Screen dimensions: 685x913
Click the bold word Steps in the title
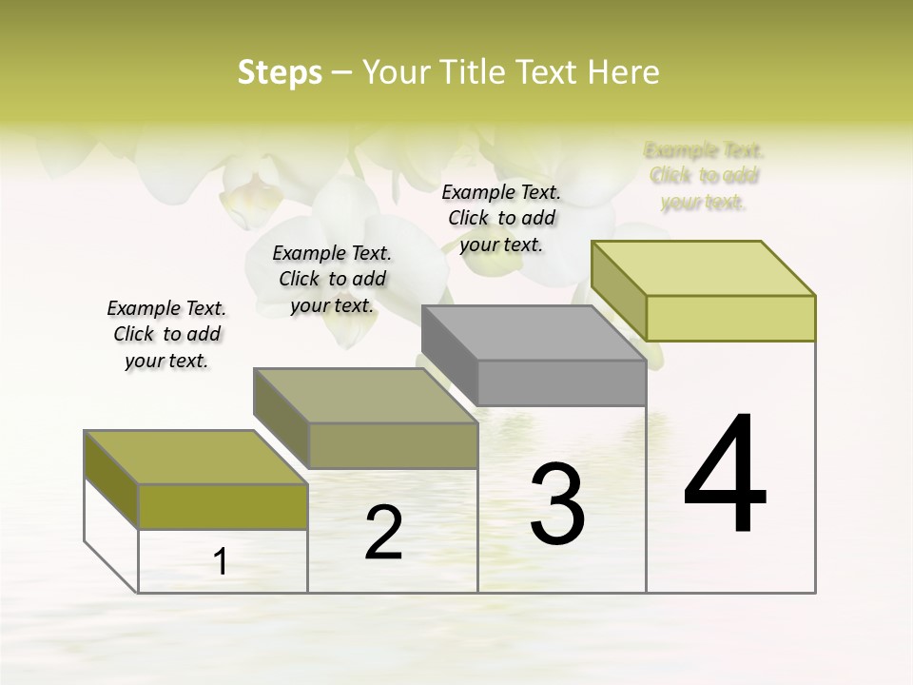coord(279,72)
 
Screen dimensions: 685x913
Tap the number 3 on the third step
coord(557,504)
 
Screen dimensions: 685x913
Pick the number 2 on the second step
coord(383,533)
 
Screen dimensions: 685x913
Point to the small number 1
coord(221,562)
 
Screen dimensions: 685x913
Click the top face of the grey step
coord(533,333)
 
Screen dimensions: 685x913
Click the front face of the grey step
coord(561,382)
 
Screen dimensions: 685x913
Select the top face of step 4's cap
coord(704,267)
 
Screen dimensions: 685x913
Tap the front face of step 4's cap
coord(730,318)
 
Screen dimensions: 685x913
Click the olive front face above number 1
coord(223,505)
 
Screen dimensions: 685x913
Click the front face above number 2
coord(392,445)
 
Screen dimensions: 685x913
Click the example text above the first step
coord(166,334)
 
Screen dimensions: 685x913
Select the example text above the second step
coord(332,279)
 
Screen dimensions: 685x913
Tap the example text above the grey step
coord(501,218)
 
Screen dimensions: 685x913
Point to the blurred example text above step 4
coord(704,176)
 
